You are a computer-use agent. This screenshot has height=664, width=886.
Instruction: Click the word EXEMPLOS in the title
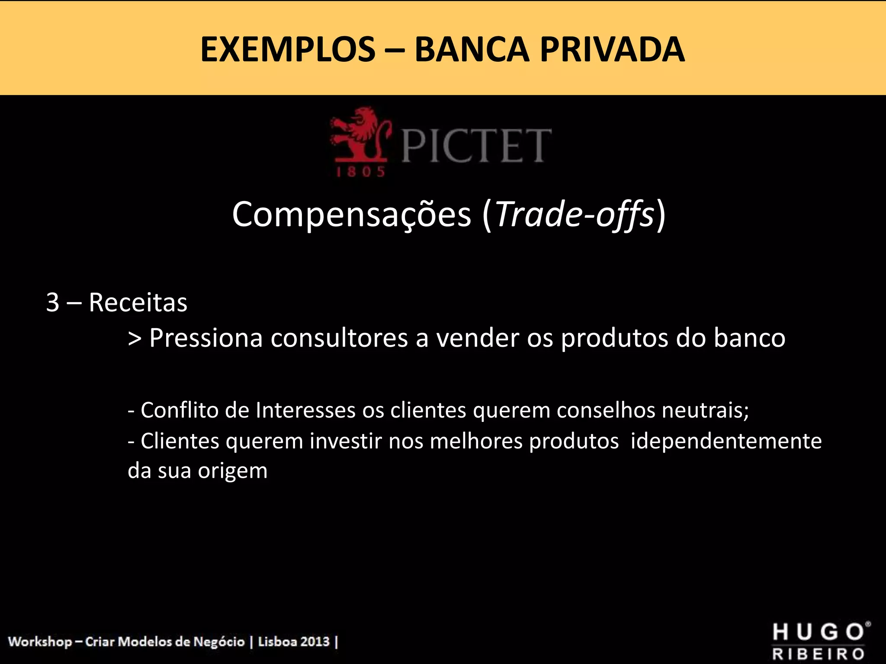click(288, 50)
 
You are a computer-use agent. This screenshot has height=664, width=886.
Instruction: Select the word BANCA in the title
click(472, 50)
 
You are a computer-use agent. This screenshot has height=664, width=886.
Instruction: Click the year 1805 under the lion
click(360, 172)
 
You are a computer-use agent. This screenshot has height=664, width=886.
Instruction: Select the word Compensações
click(351, 214)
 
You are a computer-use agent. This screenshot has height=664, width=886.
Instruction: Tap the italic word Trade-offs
click(575, 214)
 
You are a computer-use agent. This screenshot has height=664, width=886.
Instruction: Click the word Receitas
click(138, 302)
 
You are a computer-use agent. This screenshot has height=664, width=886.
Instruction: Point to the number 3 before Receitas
click(52, 302)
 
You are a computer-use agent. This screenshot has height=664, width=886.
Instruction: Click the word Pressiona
click(206, 338)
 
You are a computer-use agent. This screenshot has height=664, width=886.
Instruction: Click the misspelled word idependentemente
click(726, 441)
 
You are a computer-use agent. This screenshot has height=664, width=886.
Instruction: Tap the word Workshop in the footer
click(40, 641)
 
